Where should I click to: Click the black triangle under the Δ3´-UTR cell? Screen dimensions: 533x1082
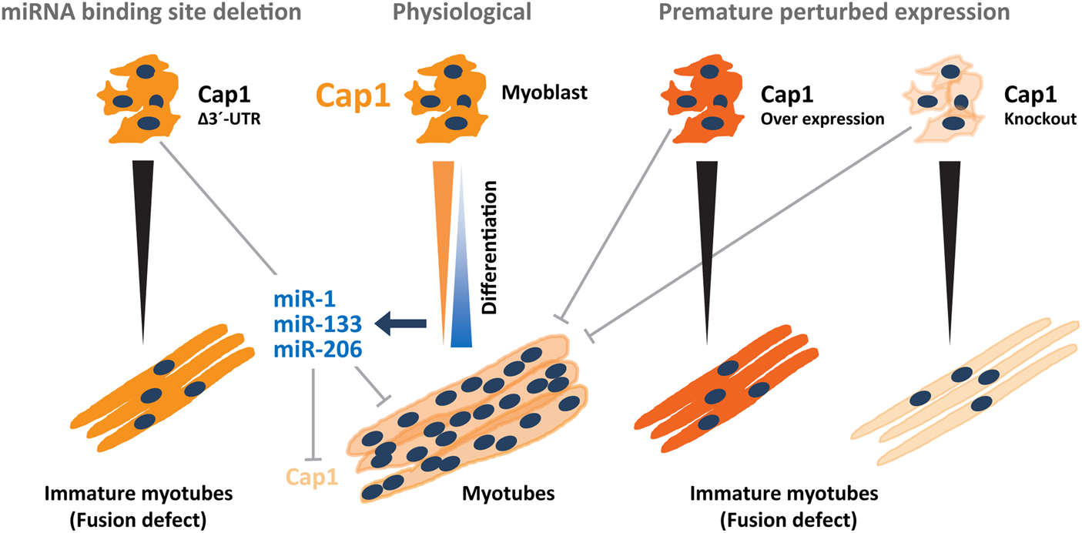(142, 231)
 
